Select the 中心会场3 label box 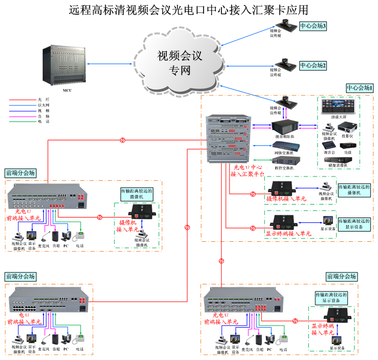tap(313, 26)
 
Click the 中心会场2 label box tap(313, 65)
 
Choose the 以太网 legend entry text tap(44, 105)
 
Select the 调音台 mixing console tap(329, 145)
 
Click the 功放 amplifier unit tap(348, 145)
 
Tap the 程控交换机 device tap(283, 160)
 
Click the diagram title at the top tap(189, 10)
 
